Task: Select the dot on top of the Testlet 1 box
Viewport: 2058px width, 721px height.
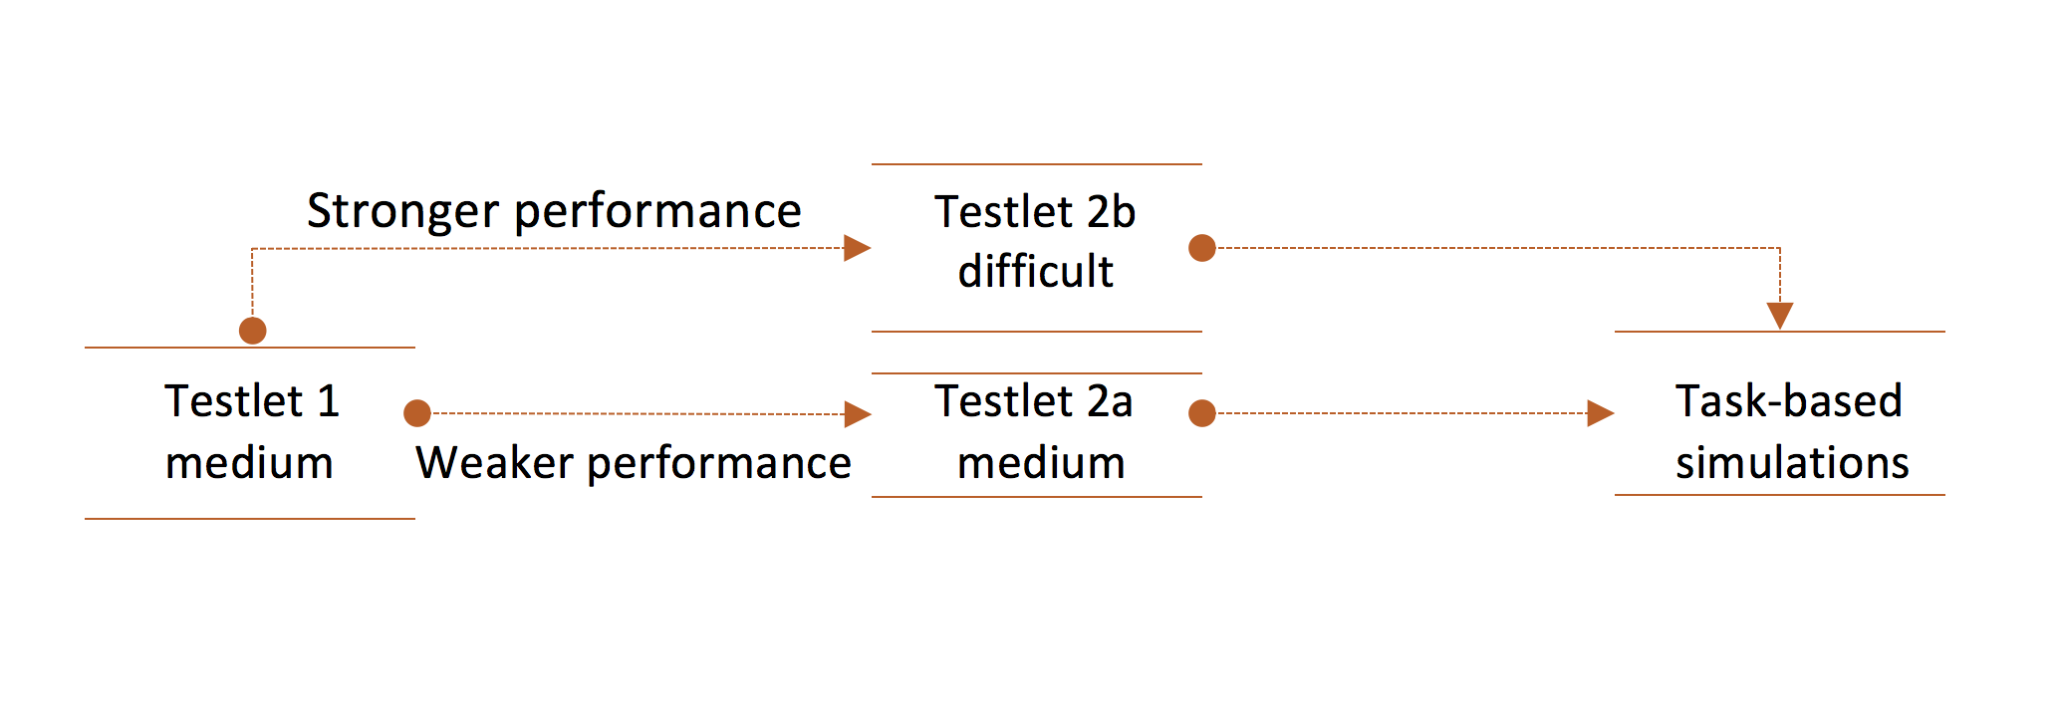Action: [x=253, y=331]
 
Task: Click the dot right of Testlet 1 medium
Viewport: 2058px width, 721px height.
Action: [x=417, y=412]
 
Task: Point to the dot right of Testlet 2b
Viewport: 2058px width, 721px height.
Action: [x=1202, y=248]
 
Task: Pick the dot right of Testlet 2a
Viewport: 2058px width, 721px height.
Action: [x=1202, y=412]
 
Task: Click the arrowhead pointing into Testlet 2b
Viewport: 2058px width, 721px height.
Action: [x=858, y=248]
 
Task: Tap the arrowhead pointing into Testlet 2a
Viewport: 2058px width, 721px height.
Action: [x=858, y=413]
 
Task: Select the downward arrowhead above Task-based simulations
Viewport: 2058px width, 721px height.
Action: [x=1780, y=316]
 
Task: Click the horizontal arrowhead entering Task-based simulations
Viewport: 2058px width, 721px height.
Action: [x=1601, y=412]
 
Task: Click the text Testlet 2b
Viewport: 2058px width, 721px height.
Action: [x=1035, y=211]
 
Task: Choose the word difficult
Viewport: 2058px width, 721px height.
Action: [x=1036, y=270]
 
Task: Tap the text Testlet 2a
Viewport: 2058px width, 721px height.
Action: [x=1034, y=400]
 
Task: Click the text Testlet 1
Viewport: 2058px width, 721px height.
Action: [x=252, y=400]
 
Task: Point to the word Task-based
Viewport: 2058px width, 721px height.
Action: [x=1789, y=400]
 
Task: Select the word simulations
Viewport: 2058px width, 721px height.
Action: [x=1792, y=462]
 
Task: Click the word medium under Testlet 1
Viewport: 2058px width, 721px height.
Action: [x=249, y=463]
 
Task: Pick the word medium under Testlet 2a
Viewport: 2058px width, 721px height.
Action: [x=1041, y=463]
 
